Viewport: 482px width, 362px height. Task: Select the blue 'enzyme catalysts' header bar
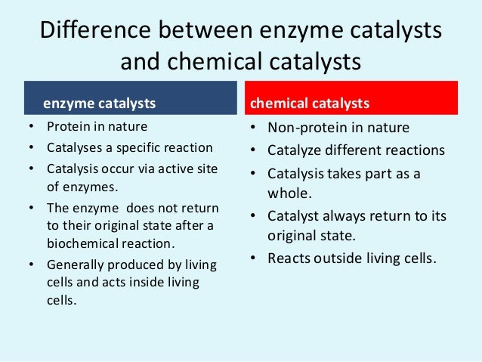point(130,101)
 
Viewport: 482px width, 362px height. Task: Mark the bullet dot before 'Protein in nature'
point(29,126)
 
